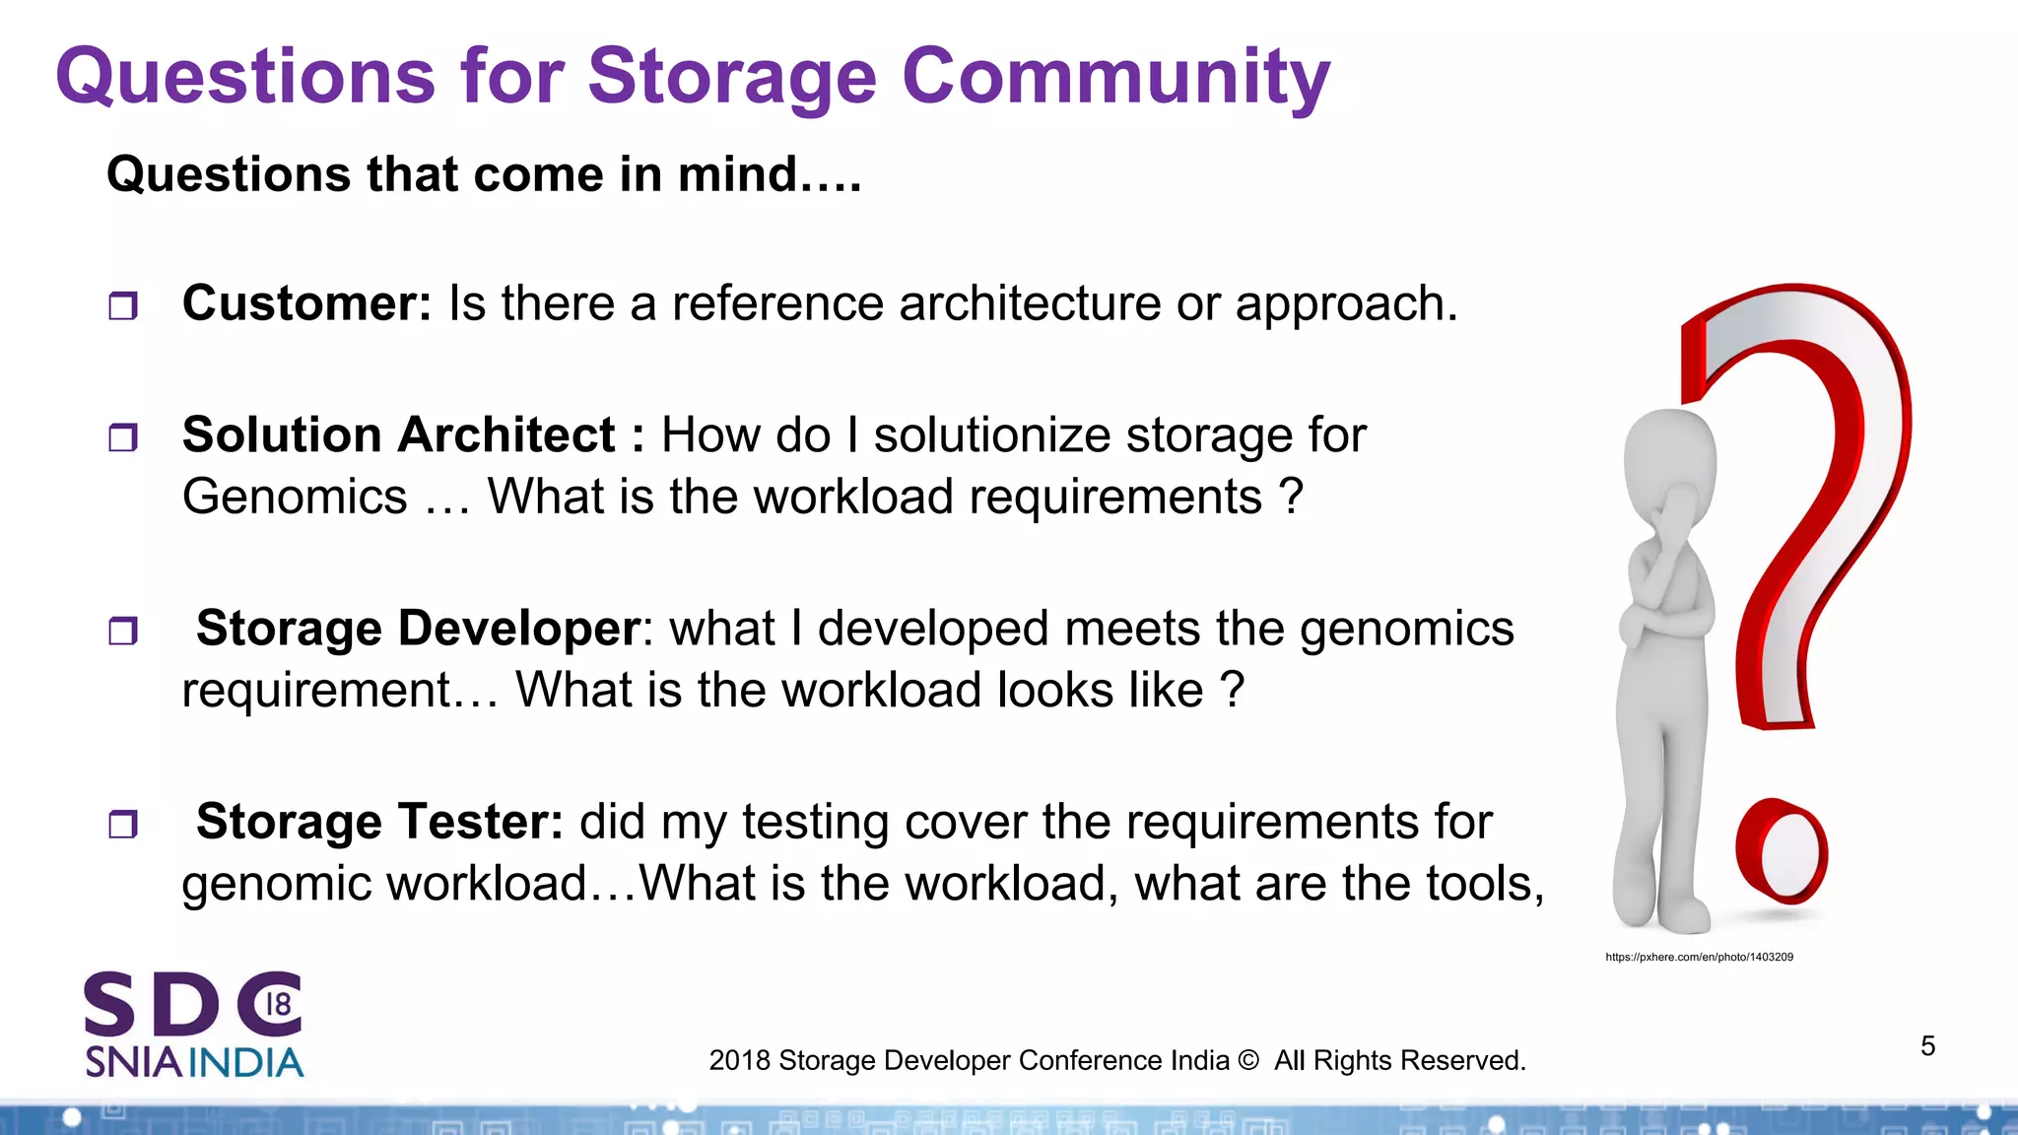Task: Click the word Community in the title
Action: [1115, 77]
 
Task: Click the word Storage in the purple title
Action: [731, 77]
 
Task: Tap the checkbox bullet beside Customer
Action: [123, 306]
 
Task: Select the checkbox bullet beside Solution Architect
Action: [123, 437]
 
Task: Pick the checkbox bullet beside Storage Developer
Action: [123, 631]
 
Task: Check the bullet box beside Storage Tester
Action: [123, 824]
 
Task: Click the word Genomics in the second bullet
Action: [295, 496]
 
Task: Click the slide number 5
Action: [1927, 1046]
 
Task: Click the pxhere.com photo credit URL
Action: [1699, 957]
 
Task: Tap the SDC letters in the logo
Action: [192, 1005]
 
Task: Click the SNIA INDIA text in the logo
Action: [194, 1063]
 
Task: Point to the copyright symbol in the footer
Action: [1247, 1061]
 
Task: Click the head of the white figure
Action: [1669, 453]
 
